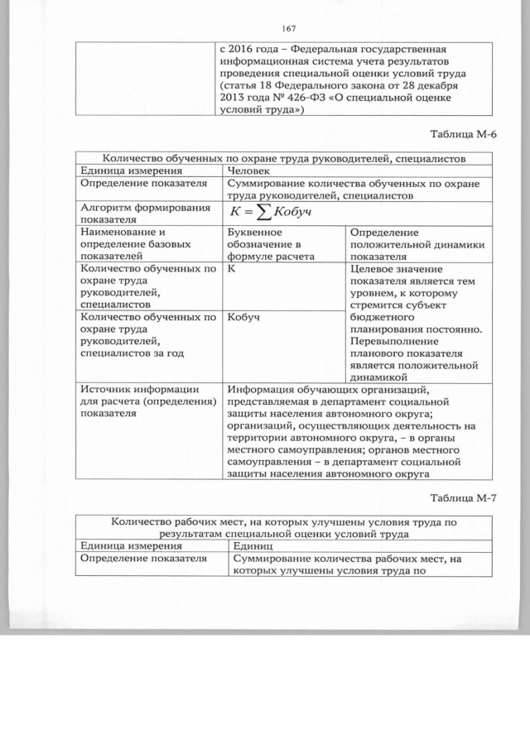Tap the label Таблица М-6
click(x=468, y=135)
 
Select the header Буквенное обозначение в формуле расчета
click(x=265, y=245)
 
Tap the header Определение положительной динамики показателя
click(x=417, y=245)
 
